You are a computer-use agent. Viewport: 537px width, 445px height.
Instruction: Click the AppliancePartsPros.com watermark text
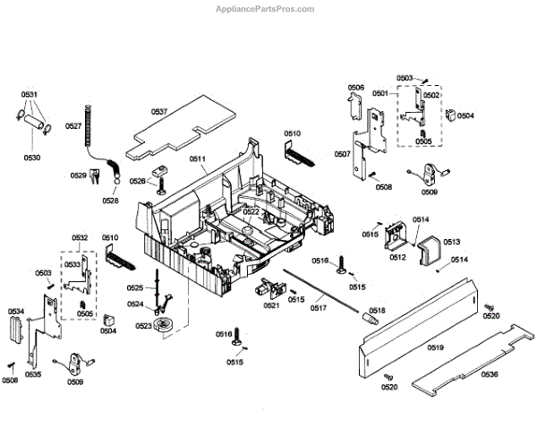pyautogui.click(x=267, y=8)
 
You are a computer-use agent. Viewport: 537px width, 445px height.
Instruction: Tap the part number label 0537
pyautogui.click(x=159, y=112)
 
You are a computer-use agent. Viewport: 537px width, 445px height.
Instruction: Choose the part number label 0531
pyautogui.click(x=30, y=94)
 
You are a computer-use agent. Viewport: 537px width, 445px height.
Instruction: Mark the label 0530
pyautogui.click(x=32, y=158)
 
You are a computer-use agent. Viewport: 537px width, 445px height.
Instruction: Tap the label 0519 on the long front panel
pyautogui.click(x=436, y=347)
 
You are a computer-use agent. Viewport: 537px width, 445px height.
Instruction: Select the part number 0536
pyautogui.click(x=489, y=374)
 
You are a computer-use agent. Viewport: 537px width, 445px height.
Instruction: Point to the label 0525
pyautogui.click(x=134, y=287)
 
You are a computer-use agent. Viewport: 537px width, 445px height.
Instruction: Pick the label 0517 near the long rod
pyautogui.click(x=319, y=309)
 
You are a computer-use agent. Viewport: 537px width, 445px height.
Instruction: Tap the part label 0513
pyautogui.click(x=450, y=242)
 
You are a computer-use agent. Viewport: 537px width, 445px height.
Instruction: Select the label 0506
pyautogui.click(x=356, y=88)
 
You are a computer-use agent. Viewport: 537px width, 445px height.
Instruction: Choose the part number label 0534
pyautogui.click(x=17, y=312)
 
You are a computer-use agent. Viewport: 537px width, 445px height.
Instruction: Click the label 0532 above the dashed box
pyautogui.click(x=80, y=237)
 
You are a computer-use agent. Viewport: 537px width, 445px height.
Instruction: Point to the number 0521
pyautogui.click(x=271, y=306)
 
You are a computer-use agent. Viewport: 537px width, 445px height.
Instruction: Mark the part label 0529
pyautogui.click(x=78, y=175)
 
